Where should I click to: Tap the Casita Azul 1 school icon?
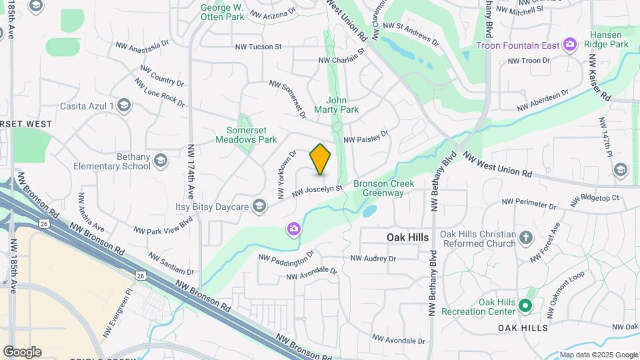123,105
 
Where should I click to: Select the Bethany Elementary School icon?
160,161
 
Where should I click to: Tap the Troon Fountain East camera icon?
569,45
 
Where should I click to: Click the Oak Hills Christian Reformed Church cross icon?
526,238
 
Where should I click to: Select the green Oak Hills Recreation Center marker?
525,306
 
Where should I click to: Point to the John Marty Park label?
343,105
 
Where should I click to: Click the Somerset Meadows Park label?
247,135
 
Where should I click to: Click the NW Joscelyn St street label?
317,191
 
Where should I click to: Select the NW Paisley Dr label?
365,137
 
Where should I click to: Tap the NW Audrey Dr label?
373,258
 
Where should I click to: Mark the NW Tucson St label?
259,47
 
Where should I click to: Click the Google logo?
22,352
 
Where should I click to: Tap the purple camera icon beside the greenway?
293,229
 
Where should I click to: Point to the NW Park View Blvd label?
163,225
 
